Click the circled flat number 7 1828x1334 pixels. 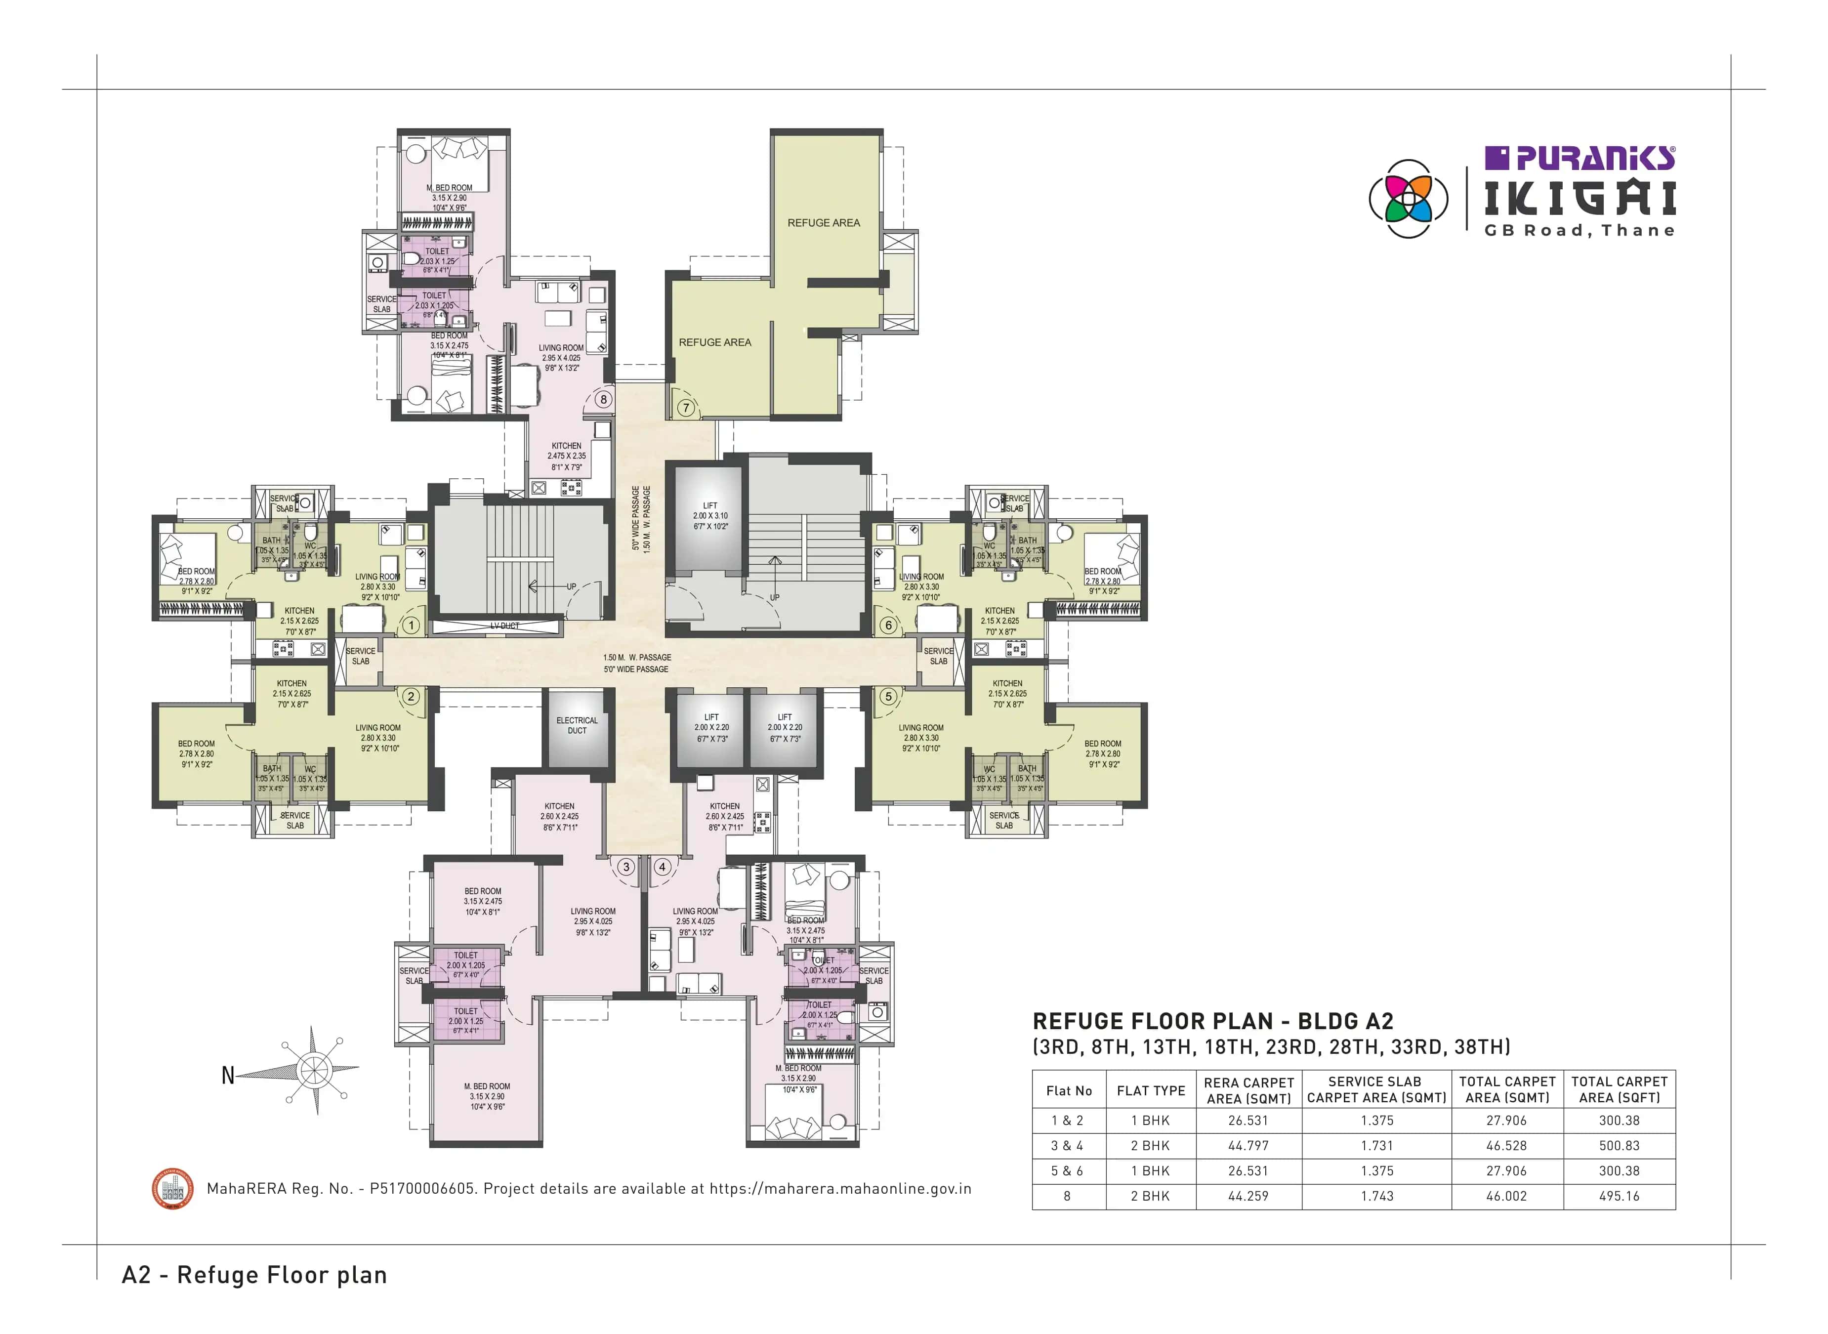coord(686,408)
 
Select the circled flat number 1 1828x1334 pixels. coord(411,625)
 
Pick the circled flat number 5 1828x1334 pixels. coord(888,696)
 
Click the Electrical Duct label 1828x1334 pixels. coord(577,726)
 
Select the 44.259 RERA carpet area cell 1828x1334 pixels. coord(1247,1196)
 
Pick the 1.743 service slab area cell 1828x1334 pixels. coord(1376,1196)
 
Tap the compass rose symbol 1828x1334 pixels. coord(313,1071)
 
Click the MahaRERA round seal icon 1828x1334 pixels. coord(173,1189)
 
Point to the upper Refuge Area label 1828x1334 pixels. coord(824,223)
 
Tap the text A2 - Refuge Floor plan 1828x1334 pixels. coord(254,1275)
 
